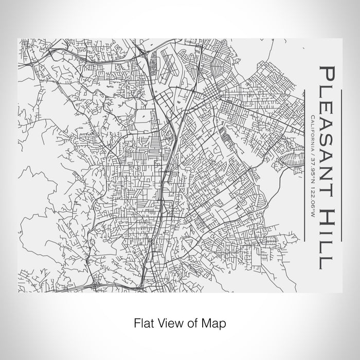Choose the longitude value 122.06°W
point(312,197)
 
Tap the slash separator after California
point(312,152)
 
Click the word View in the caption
point(168,323)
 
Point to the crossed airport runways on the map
point(170,64)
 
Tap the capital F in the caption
point(137,323)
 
